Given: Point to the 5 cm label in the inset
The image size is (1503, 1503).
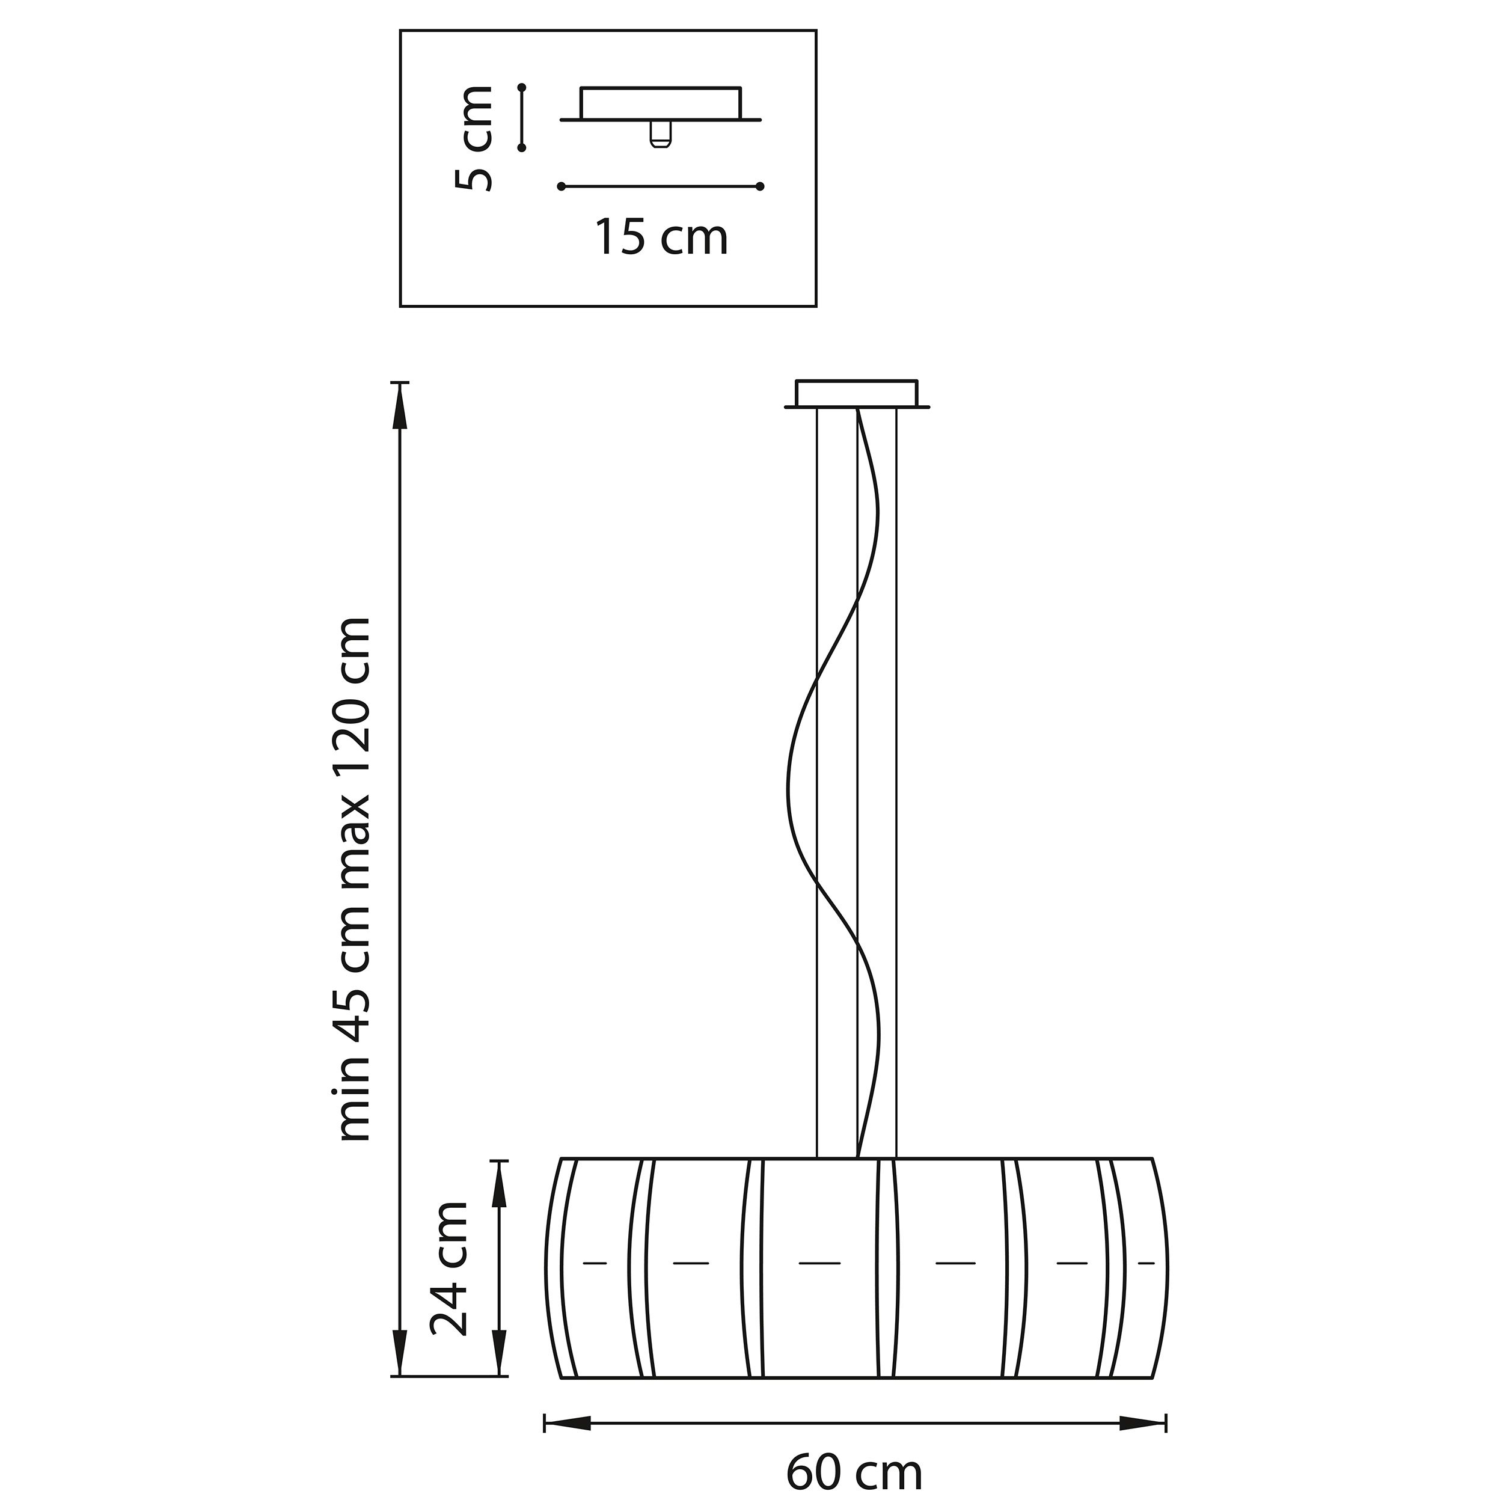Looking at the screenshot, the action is (474, 138).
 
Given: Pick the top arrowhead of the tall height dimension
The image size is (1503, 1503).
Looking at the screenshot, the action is (400, 406).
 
